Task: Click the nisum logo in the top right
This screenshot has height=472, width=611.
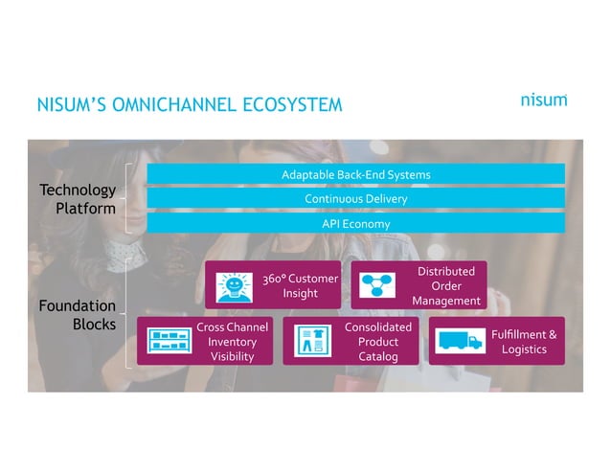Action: pos(543,101)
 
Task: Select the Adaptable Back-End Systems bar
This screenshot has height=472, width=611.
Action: pos(355,174)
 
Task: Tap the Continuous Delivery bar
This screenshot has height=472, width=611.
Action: pos(355,198)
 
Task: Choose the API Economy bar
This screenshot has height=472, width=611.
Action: pos(355,223)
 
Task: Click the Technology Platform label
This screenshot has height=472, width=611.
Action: pos(79,199)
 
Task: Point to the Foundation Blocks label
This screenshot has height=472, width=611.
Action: pos(79,315)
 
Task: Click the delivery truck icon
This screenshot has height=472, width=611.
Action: pos(460,341)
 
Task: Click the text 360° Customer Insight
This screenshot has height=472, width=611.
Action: pos(300,285)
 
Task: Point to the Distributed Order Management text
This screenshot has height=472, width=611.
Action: pos(445,285)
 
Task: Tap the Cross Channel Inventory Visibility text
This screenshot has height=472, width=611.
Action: pos(232,342)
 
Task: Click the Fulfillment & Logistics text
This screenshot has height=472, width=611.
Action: pos(523,342)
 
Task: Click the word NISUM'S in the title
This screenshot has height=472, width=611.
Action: pos(71,104)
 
